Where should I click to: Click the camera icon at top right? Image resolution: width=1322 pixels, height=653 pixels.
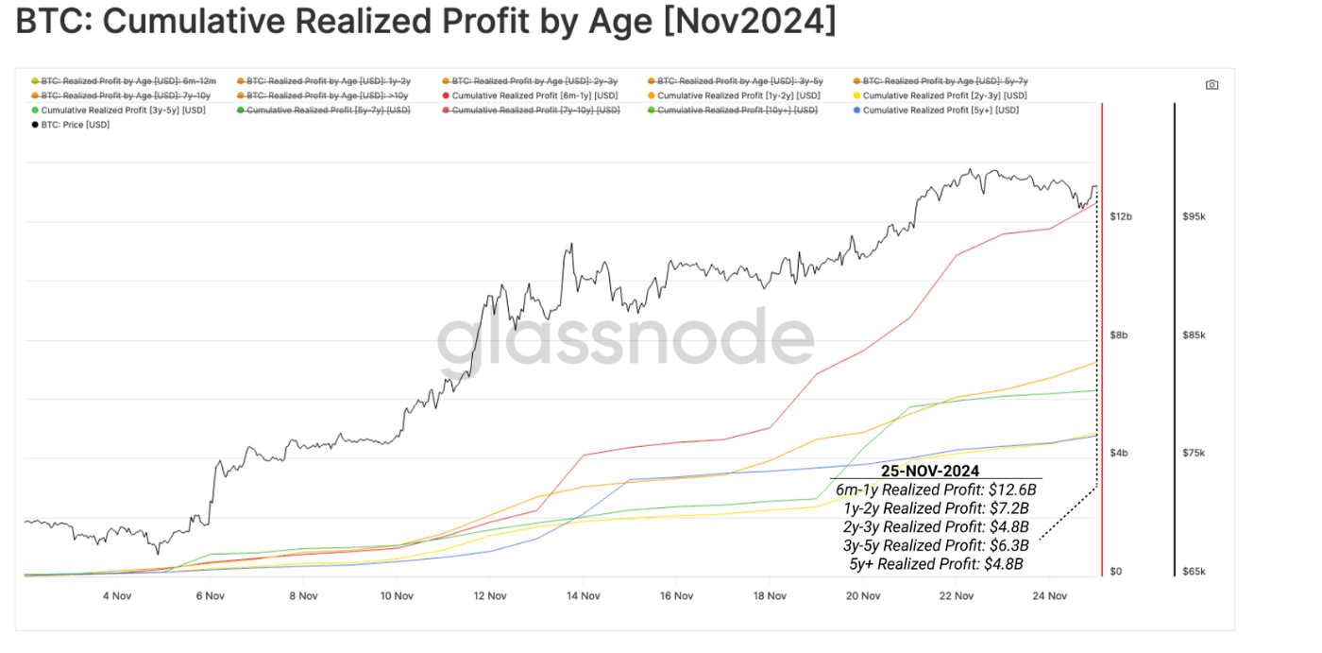[1212, 85]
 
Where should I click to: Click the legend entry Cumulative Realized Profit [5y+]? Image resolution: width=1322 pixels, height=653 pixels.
[941, 111]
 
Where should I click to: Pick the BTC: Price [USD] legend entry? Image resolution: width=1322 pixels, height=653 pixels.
[76, 125]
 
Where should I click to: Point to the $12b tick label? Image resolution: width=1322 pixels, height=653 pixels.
[1121, 217]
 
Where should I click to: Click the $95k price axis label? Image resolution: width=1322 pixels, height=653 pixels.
[1194, 217]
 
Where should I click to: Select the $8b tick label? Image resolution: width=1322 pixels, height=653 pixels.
[1119, 335]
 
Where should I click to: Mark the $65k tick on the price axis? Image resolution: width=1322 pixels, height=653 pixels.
[1194, 572]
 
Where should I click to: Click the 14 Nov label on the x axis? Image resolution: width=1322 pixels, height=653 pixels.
[584, 596]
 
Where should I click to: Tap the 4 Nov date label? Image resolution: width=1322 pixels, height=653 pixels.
[117, 596]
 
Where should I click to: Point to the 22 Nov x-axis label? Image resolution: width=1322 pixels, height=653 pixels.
[957, 596]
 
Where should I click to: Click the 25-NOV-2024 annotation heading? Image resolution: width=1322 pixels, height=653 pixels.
[929, 471]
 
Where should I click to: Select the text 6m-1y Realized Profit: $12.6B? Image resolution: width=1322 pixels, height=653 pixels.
[936, 490]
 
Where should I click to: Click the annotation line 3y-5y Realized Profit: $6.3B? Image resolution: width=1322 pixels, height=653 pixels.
[936, 545]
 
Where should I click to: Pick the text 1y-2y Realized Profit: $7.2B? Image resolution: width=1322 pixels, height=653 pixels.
[936, 508]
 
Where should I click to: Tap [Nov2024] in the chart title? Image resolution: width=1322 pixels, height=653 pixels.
[750, 22]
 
